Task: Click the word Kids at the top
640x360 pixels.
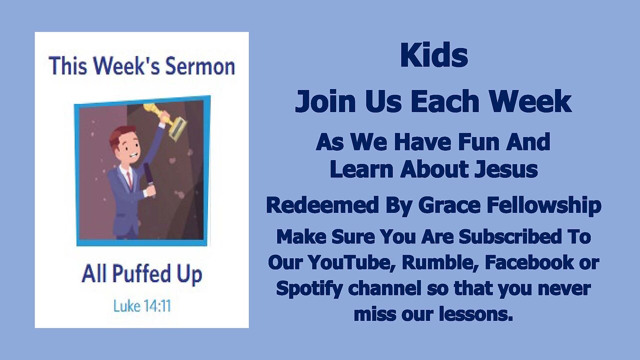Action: [433, 56]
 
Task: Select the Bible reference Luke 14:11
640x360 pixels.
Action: [142, 306]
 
